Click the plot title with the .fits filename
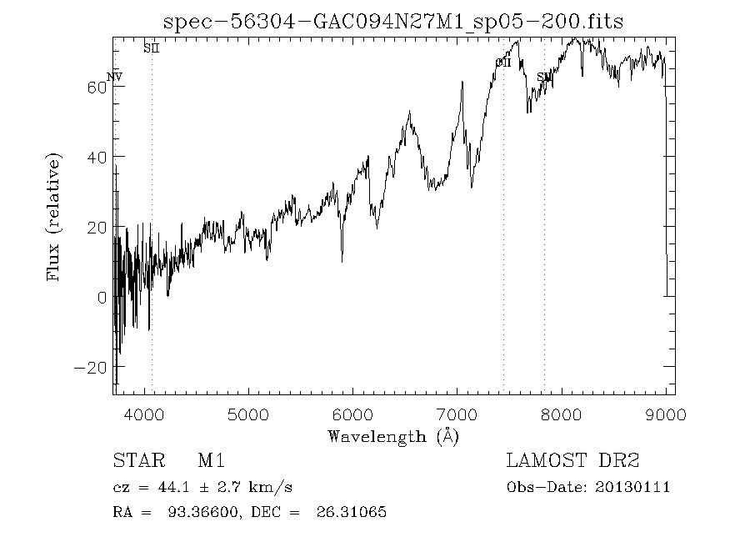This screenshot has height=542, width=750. point(393,22)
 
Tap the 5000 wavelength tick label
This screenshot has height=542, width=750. point(248,414)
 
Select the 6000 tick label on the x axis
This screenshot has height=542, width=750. point(353,414)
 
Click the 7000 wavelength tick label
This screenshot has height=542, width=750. point(457,414)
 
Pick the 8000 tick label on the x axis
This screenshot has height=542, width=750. point(562,414)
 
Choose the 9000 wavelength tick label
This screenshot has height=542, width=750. point(666,414)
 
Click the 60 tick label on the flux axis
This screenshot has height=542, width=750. point(97,87)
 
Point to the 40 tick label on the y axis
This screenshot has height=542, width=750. point(97,157)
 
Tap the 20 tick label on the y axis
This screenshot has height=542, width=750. point(97,227)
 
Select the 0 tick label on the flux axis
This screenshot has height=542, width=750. point(102,297)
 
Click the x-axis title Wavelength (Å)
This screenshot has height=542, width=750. point(393,435)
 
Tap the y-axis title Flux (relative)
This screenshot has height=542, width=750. point(55,217)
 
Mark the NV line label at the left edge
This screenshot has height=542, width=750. point(114,78)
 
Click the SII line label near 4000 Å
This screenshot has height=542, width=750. point(151,48)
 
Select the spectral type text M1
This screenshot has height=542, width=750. point(212,460)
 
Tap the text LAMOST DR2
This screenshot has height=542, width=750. point(572,460)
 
